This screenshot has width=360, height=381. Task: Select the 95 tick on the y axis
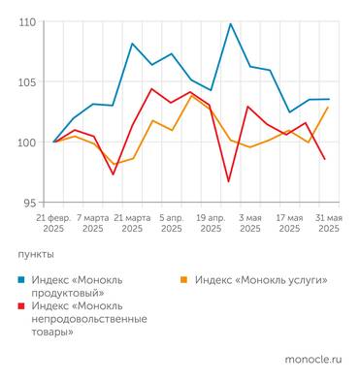point(29,202)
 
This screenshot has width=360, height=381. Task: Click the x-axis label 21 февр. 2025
point(54,224)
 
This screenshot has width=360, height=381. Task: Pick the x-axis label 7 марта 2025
point(93,224)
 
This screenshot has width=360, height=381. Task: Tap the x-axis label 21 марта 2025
point(132,224)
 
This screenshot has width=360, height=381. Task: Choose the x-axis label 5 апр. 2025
point(172,224)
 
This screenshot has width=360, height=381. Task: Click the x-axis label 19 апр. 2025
point(211,224)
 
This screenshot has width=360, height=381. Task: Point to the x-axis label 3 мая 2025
point(250,224)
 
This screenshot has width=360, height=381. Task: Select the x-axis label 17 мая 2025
point(289,224)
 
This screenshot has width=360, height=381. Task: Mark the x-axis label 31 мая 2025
point(328,224)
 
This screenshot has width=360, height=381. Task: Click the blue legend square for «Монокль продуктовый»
point(22,279)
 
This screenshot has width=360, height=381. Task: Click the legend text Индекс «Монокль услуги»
point(260,279)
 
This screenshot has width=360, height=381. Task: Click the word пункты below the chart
point(38,253)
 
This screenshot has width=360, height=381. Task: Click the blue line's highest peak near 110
point(230,23)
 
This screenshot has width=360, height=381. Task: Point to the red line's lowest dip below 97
point(229,181)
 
